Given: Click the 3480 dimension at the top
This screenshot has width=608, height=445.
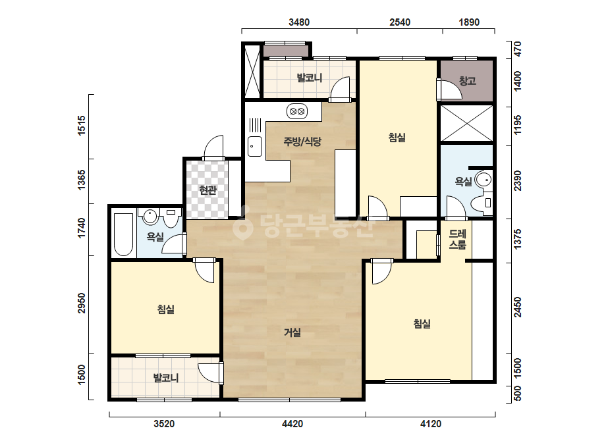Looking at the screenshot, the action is (x=299, y=22).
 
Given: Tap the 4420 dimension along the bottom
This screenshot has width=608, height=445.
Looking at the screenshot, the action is (x=292, y=424).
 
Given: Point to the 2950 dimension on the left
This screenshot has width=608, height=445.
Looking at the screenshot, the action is (x=81, y=303).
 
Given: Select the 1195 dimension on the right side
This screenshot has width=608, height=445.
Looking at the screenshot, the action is (x=517, y=124).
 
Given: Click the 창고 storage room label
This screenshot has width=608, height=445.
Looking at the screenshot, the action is (x=467, y=80).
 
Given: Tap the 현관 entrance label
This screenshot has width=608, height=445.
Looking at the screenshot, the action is (x=207, y=190).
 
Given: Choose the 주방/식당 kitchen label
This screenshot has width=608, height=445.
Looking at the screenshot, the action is (x=302, y=142).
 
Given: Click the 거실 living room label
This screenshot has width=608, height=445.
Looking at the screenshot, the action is (x=292, y=332).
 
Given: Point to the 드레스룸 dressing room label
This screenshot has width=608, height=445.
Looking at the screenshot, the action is (x=458, y=239).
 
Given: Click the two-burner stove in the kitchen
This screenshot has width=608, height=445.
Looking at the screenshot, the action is (x=297, y=112).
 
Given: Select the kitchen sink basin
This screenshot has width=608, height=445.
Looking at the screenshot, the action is (x=255, y=147).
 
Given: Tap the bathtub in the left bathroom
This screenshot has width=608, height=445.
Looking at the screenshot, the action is (x=124, y=234).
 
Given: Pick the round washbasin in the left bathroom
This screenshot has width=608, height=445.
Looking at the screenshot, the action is (x=150, y=217).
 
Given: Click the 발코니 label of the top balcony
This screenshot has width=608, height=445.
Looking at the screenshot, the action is (x=310, y=78).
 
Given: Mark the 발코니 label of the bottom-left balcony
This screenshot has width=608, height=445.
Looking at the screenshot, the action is (x=166, y=378).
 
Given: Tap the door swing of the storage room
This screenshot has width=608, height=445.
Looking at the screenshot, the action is (x=450, y=90).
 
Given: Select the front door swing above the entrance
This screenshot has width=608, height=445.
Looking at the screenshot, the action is (x=213, y=147).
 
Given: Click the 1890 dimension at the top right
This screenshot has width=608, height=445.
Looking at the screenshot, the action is (x=469, y=22).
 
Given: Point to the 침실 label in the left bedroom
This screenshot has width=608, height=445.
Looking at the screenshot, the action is (x=165, y=309).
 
